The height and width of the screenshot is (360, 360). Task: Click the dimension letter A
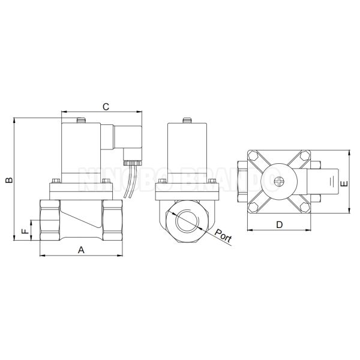(x=81, y=248)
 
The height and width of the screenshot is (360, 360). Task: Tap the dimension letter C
(x=104, y=107)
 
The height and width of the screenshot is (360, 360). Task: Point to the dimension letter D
(x=279, y=224)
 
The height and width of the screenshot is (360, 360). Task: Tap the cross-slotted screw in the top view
(x=279, y=182)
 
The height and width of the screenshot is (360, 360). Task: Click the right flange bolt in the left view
(x=107, y=179)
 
